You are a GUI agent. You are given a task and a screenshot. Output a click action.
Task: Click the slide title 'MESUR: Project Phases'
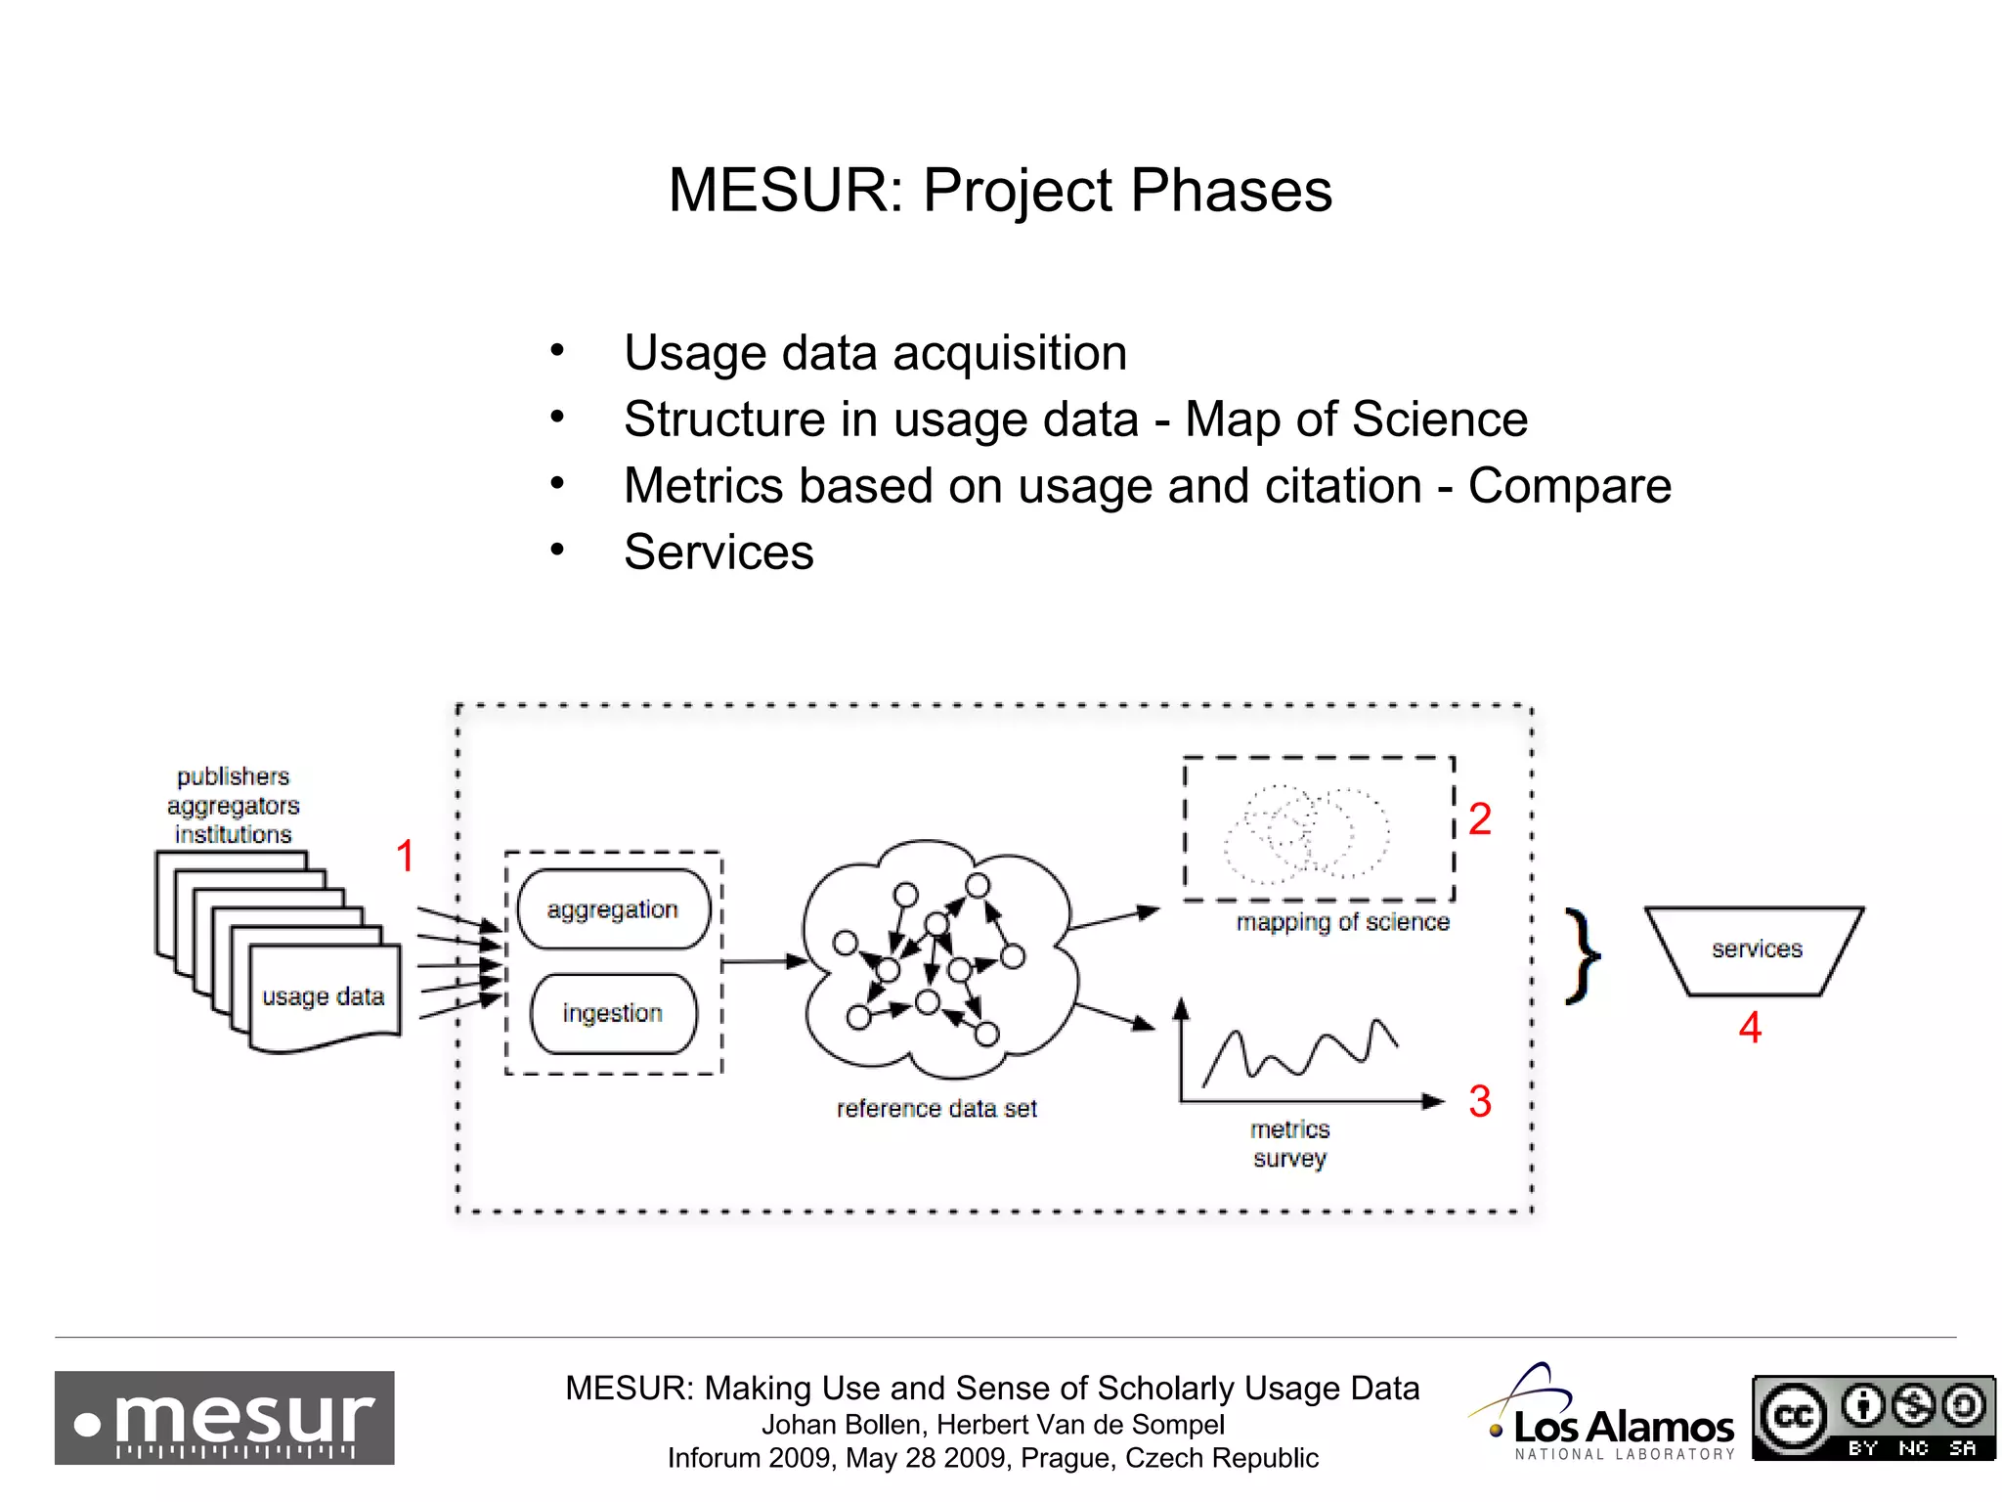[999, 190]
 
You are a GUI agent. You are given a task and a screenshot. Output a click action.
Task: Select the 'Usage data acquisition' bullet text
[875, 353]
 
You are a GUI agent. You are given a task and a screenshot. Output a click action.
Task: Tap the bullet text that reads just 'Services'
[718, 552]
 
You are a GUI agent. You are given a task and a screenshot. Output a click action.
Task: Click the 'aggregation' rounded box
[613, 909]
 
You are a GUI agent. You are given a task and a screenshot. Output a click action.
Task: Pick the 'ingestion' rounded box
[613, 1013]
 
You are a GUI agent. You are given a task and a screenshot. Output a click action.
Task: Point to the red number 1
[405, 857]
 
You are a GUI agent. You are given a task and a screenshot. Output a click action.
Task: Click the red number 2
[1480, 819]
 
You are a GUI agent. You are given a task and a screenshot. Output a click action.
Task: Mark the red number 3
[1480, 1102]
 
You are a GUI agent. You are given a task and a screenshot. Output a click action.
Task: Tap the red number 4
[1750, 1028]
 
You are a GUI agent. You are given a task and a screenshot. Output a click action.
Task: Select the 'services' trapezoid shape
[1756, 950]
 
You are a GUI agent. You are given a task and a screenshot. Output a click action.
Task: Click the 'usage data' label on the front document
[324, 996]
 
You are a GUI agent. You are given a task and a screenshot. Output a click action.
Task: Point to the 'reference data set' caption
[936, 1109]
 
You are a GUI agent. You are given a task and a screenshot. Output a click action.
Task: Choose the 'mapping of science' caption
[1342, 922]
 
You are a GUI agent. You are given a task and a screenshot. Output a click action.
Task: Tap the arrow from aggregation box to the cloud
[763, 962]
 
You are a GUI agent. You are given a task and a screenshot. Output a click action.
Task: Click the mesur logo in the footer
[225, 1417]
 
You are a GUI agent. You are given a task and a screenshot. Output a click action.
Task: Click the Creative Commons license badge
[1873, 1417]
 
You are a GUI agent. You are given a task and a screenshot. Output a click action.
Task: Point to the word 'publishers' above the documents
[234, 776]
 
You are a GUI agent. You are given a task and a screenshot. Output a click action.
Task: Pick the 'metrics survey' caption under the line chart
[1290, 1144]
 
